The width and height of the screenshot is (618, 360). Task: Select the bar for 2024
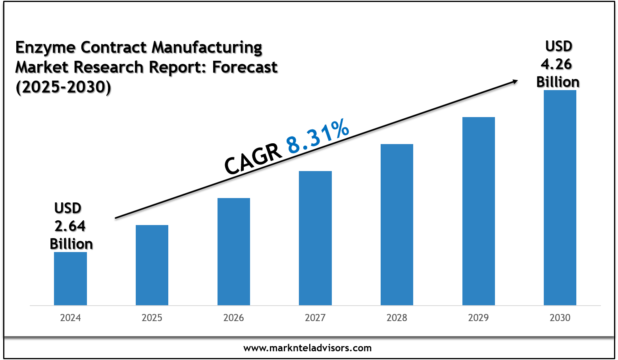pyautogui.click(x=70, y=279)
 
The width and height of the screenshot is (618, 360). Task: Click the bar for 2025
pyautogui.click(x=152, y=265)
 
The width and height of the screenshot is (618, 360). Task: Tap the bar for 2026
pyautogui.click(x=234, y=252)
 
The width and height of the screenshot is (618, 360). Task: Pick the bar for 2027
pyautogui.click(x=315, y=238)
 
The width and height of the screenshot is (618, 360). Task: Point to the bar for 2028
pyautogui.click(x=397, y=225)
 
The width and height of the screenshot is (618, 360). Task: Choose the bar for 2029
pyautogui.click(x=479, y=211)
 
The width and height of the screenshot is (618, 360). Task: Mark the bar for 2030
pyautogui.click(x=560, y=198)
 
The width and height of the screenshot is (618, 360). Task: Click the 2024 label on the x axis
pyautogui.click(x=70, y=318)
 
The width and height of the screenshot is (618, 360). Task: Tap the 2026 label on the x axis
pyautogui.click(x=234, y=318)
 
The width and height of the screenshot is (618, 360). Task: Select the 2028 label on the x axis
pyautogui.click(x=397, y=318)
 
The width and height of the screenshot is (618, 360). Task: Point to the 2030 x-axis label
pyautogui.click(x=560, y=318)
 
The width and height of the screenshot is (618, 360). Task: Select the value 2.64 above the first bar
pyautogui.click(x=70, y=226)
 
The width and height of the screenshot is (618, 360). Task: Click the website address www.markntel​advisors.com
pyautogui.click(x=308, y=348)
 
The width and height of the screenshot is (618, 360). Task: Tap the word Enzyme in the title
pyautogui.click(x=45, y=48)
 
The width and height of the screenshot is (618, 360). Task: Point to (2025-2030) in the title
pyautogui.click(x=64, y=87)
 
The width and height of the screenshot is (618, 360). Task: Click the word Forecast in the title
pyautogui.click(x=245, y=67)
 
